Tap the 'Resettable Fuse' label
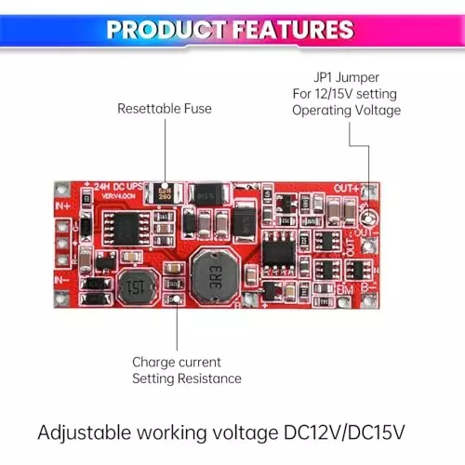point(164,109)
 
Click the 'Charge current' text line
point(177,362)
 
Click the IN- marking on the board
point(64,277)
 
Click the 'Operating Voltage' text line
point(346,110)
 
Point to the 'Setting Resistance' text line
point(186,379)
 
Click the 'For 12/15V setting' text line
point(346,93)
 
